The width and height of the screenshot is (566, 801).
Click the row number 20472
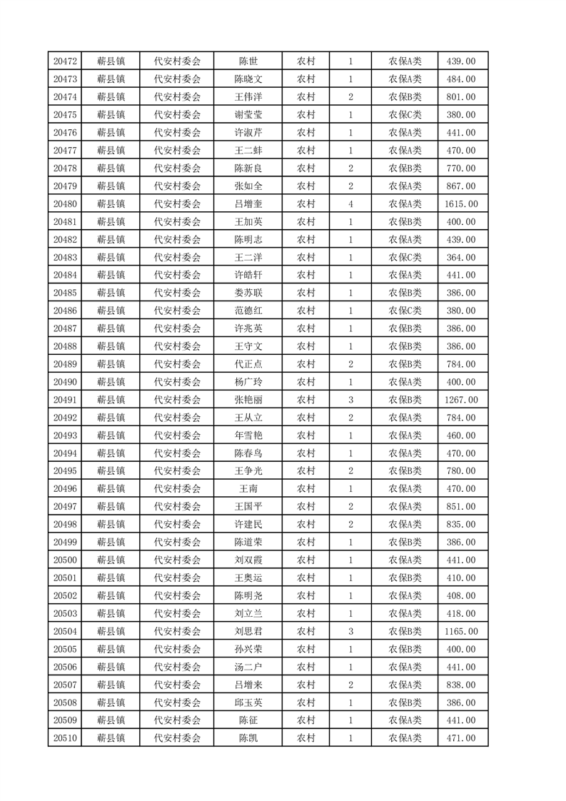pos(65,61)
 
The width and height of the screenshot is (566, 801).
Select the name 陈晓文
pos(248,79)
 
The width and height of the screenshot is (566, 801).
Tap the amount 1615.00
pos(460,204)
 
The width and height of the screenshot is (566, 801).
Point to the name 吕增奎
pos(248,204)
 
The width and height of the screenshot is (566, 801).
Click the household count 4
pos(350,204)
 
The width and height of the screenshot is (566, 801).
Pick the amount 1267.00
pos(460,400)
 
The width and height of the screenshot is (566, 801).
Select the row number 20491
pos(65,400)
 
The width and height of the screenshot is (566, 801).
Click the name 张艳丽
pos(248,400)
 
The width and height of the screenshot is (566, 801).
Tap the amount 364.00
pos(460,258)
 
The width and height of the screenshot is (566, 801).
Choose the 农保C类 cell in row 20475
pos(405,115)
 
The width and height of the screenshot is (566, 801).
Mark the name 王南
pos(248,489)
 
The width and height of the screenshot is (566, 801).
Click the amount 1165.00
pos(460,631)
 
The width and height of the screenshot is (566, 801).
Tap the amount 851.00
pos(460,507)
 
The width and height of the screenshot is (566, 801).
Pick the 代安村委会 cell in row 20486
pos(178,311)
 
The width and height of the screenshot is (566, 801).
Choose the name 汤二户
pos(248,667)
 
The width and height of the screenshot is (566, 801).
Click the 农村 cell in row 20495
pos(306,471)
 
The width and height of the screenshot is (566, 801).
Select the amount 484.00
pos(460,79)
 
